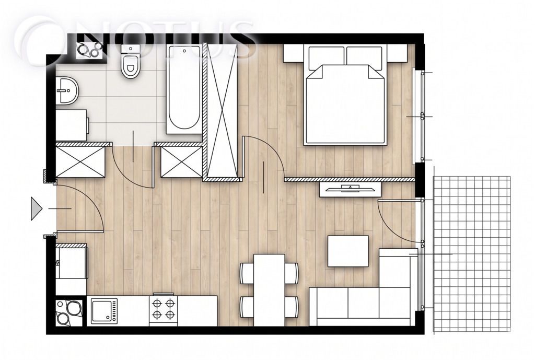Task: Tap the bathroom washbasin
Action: click(67, 90)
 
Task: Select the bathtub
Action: click(184, 89)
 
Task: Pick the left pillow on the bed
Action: click(326, 57)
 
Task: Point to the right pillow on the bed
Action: click(364, 57)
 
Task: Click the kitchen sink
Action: click(104, 311)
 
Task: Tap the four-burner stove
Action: click(163, 309)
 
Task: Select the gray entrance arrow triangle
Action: click(36, 208)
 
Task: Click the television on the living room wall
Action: click(350, 189)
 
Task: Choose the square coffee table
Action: click(348, 251)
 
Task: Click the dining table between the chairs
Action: click(269, 290)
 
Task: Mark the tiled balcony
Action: click(472, 254)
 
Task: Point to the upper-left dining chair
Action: click(247, 273)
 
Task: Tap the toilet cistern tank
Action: click(130, 49)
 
